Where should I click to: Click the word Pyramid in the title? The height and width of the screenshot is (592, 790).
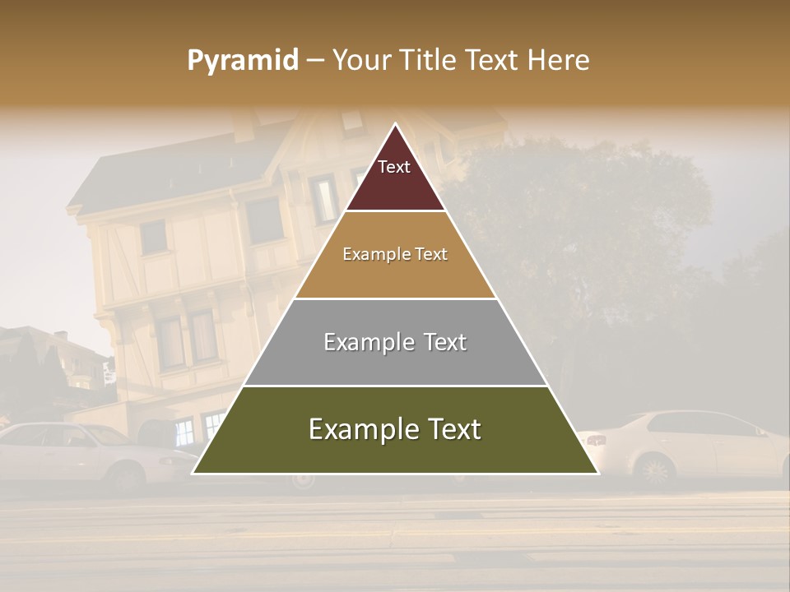(x=243, y=60)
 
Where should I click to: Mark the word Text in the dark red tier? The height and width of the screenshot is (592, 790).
(x=394, y=167)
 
